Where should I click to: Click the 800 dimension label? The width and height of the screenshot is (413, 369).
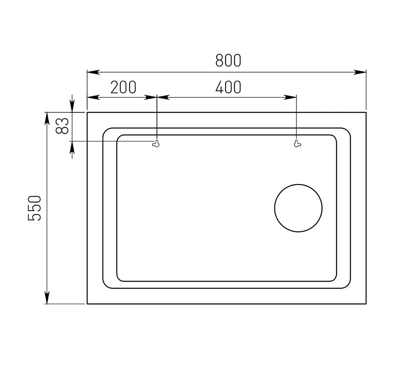[x=228, y=60]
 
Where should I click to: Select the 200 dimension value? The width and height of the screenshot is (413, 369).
[x=123, y=87]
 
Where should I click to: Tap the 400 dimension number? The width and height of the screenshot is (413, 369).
[x=228, y=87]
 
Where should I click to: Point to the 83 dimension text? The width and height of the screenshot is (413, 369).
[x=63, y=126]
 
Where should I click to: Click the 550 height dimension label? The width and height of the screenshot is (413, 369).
[x=35, y=208]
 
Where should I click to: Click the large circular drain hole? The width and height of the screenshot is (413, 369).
[x=298, y=208]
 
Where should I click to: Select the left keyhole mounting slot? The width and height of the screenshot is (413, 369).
[x=156, y=143]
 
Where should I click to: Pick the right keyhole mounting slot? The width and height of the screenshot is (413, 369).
[x=297, y=143]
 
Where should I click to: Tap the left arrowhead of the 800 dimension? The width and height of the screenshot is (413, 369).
[x=93, y=72]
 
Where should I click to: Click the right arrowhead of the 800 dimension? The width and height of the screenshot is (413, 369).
[x=360, y=72]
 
